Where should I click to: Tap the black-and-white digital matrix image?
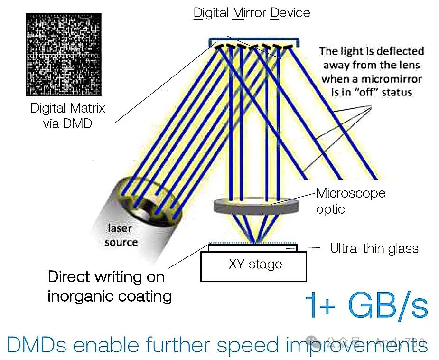(64, 54)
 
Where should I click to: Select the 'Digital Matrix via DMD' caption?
(67, 115)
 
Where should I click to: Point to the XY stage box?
(254, 265)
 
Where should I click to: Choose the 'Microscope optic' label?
(350, 201)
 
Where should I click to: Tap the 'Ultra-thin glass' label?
(374, 248)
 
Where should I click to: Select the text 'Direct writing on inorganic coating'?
(109, 286)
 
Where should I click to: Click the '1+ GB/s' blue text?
(366, 305)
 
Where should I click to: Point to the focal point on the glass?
(255, 243)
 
